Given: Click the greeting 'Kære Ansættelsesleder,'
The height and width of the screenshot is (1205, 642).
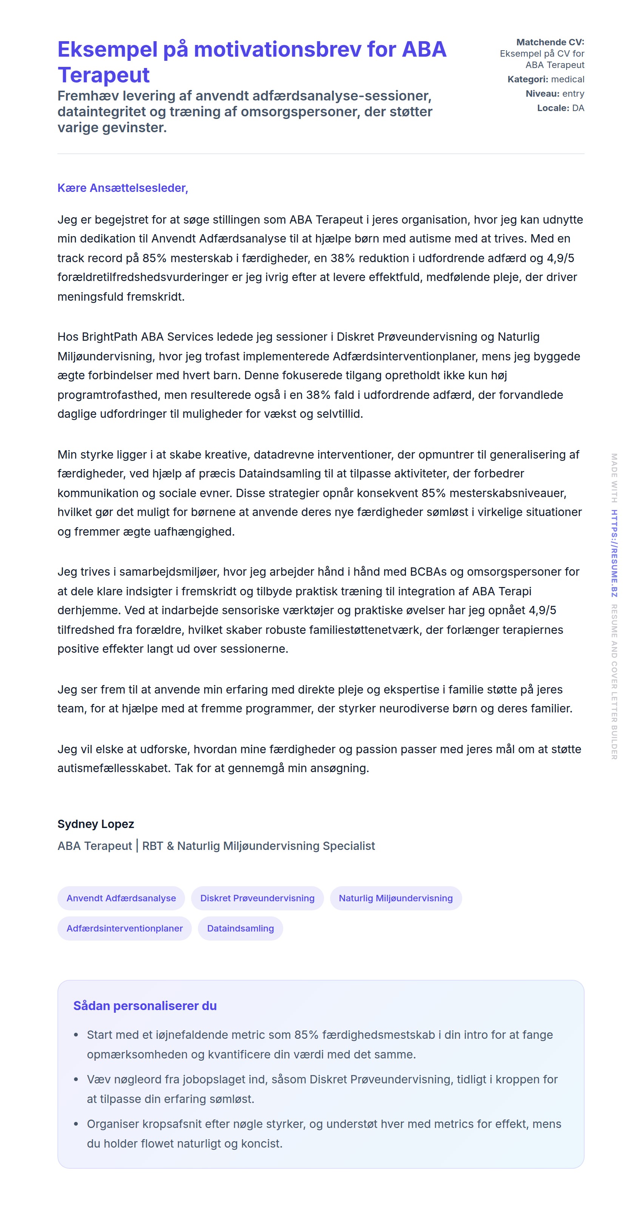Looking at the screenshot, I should pos(122,188).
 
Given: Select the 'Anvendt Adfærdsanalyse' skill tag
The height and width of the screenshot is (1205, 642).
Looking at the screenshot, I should pos(121,898).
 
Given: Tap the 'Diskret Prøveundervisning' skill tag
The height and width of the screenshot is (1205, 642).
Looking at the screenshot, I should pos(257,898).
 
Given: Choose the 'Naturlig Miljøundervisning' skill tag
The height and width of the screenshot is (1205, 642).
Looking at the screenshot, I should pos(395,898).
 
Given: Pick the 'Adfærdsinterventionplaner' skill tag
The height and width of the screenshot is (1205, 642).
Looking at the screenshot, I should pos(124,928).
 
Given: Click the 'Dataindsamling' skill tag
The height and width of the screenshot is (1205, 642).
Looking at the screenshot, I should pos(240,928).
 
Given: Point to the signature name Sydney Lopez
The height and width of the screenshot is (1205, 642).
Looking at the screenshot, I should pos(96,824).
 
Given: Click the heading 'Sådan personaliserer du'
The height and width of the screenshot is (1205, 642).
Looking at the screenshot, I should pos(145,1006).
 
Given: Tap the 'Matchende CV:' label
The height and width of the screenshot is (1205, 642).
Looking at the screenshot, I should pos(550,42).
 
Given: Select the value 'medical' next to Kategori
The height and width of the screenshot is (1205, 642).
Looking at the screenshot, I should pos(568,79).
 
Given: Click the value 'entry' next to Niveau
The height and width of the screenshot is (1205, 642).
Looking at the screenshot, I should pos(573,94).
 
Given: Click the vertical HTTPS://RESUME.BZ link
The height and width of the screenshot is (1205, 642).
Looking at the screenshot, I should pos(614,553).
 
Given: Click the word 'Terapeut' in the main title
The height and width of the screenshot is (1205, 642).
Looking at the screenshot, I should pos(103,75).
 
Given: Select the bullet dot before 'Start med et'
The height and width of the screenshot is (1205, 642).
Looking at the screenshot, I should pos(76,1035).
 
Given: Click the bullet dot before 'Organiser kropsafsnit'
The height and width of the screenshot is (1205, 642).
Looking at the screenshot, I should pos(76,1124).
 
